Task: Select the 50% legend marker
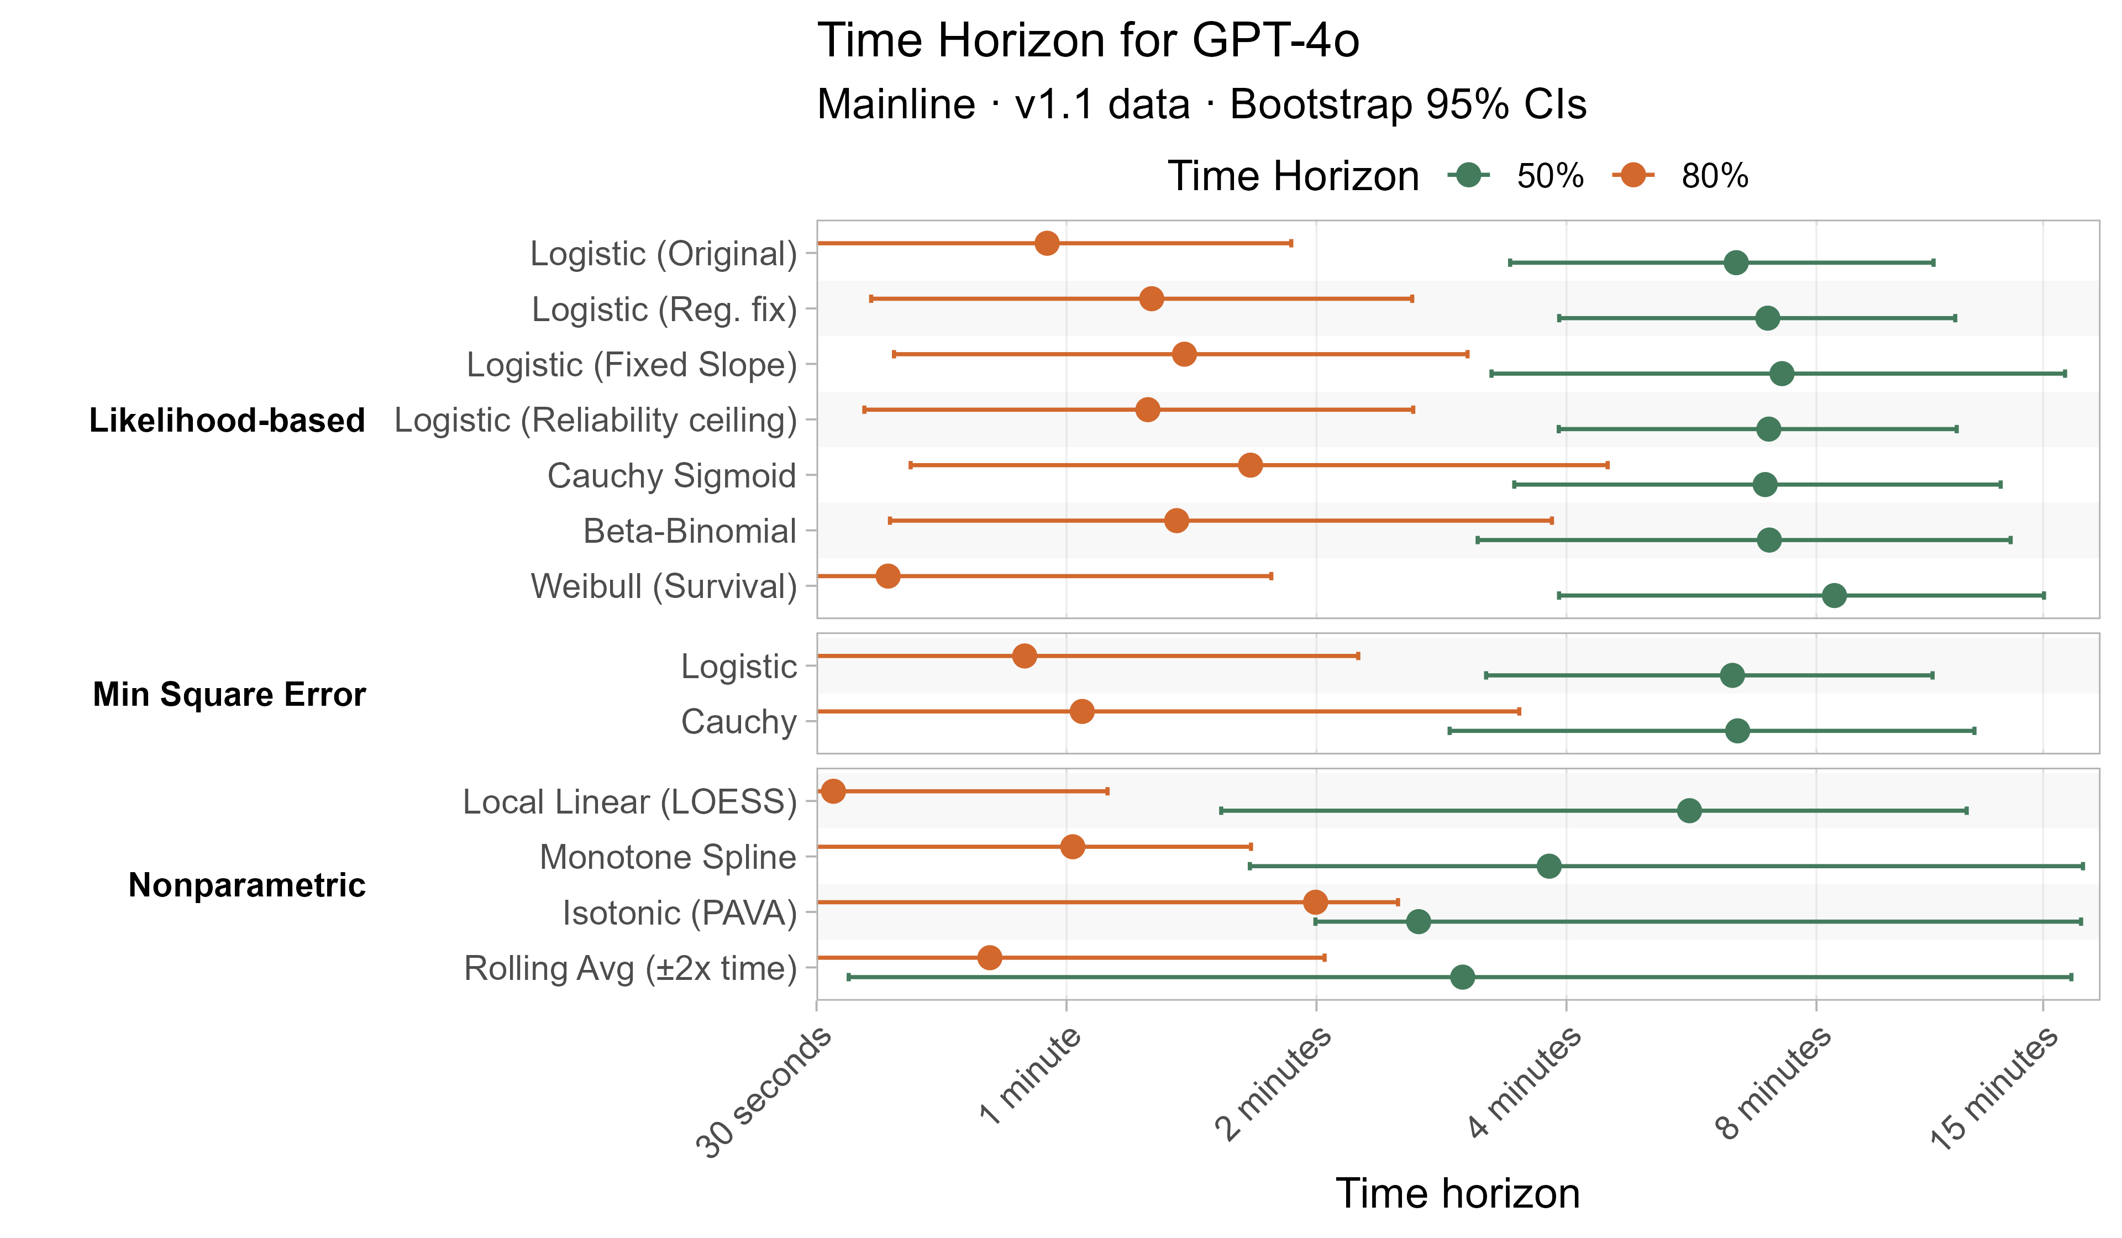(x=1469, y=175)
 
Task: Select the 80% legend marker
(x=1633, y=175)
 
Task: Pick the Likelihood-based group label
(x=227, y=420)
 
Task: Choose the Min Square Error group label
(x=229, y=694)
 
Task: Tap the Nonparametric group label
(x=246, y=885)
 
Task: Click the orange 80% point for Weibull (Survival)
(x=887, y=576)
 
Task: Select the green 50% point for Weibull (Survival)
(x=1834, y=595)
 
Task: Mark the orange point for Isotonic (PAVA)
(x=1315, y=902)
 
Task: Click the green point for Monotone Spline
(x=1548, y=865)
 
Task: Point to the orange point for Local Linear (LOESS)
(x=833, y=791)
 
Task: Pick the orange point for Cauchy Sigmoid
(x=1251, y=465)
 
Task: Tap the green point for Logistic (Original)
(x=1736, y=263)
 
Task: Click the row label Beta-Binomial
(x=689, y=532)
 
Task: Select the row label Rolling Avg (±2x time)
(x=630, y=968)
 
